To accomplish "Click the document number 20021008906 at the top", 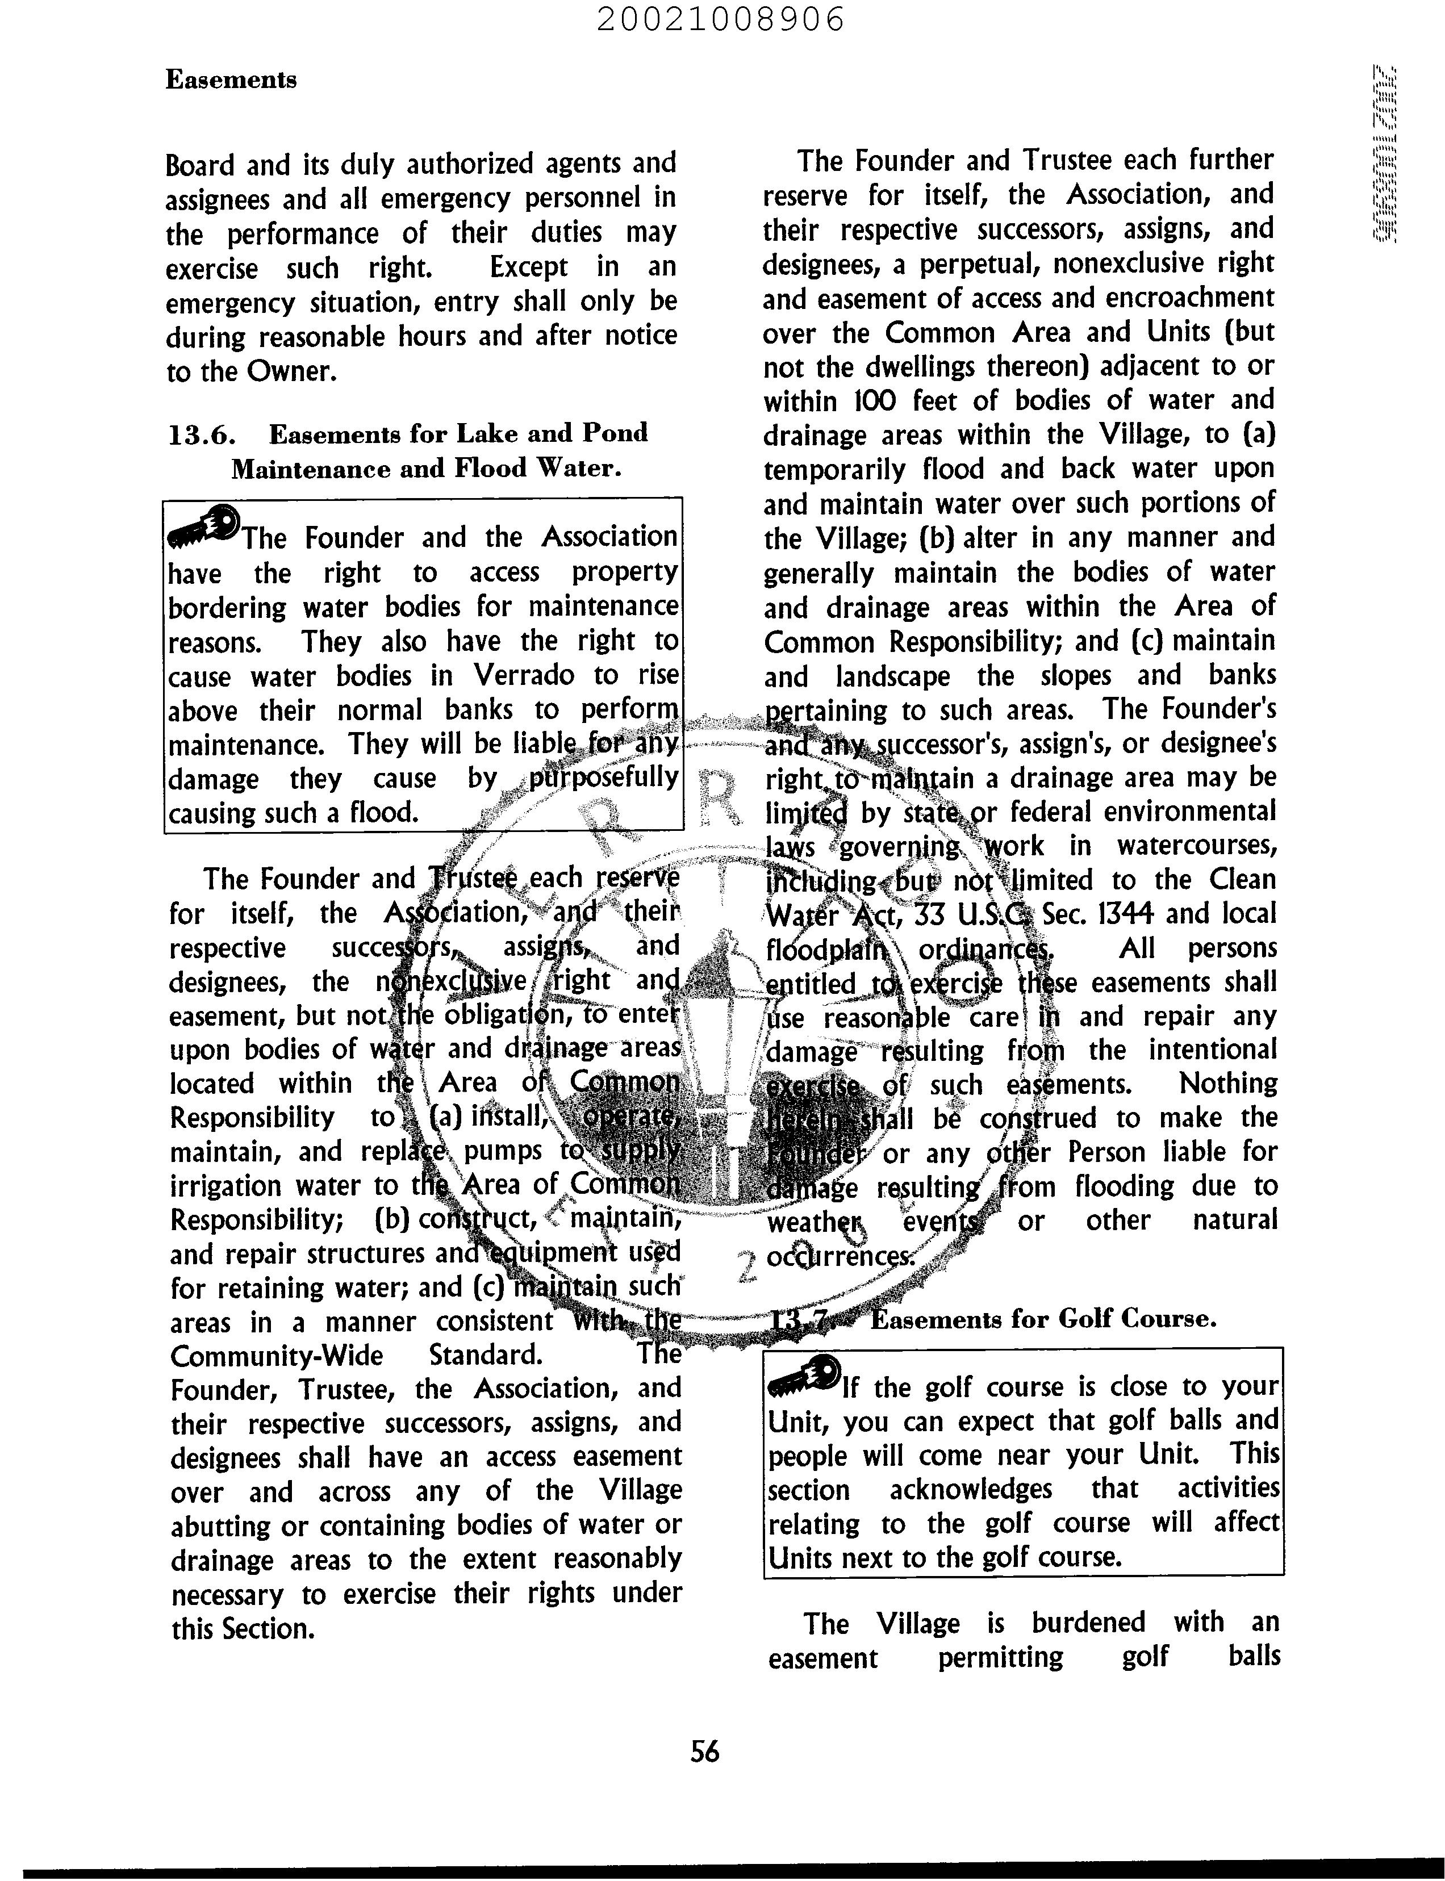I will pyautogui.click(x=721, y=19).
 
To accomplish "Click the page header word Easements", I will pyautogui.click(x=231, y=80).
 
